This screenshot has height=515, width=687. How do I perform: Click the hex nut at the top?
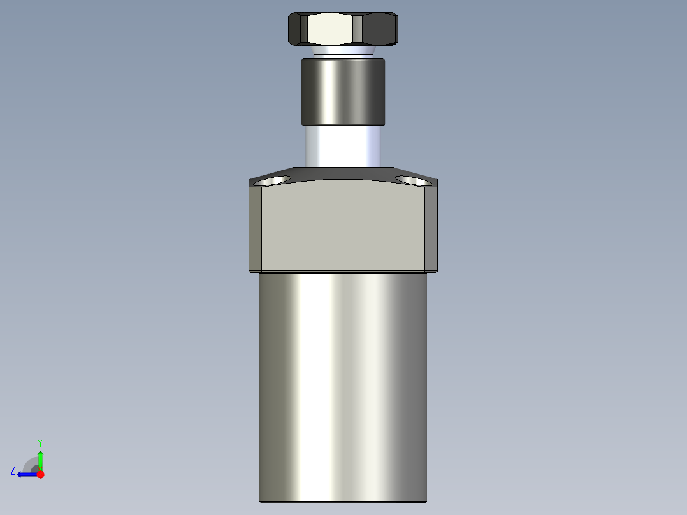[343, 29]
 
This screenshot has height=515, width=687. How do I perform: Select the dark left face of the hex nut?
[297, 29]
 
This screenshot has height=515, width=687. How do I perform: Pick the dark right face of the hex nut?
[380, 29]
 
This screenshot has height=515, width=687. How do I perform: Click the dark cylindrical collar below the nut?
[343, 91]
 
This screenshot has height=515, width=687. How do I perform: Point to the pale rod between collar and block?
[343, 145]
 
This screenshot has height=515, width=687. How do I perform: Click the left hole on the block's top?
[270, 182]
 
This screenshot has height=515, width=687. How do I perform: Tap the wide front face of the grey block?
[344, 226]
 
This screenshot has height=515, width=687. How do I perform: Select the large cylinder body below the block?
[343, 382]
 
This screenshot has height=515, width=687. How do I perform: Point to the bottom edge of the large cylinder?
[343, 501]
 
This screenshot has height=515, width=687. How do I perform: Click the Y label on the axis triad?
[40, 442]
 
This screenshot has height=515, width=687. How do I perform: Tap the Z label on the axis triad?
[13, 471]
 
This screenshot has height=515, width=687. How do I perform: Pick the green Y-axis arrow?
[40, 458]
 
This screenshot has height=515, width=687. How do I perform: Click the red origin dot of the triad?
[40, 474]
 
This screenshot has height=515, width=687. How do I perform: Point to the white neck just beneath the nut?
[343, 50]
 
